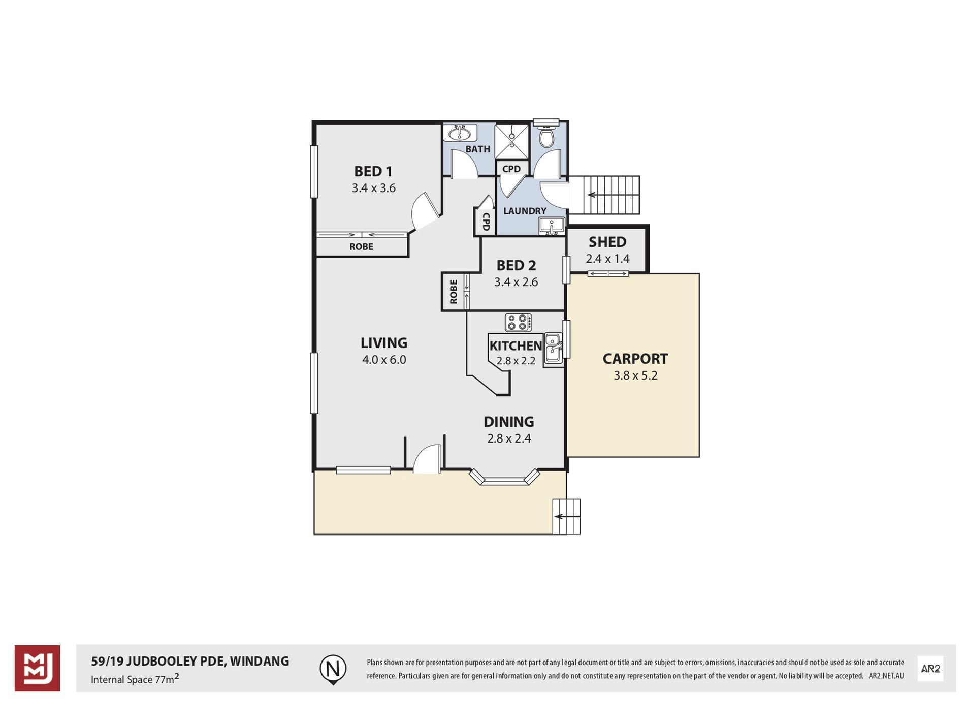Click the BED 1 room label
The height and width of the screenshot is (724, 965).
point(373,171)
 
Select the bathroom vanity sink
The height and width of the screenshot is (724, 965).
point(460,133)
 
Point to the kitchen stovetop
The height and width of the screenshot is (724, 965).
point(518,323)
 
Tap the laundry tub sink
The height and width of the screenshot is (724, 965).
point(551,226)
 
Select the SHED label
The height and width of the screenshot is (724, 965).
point(607,242)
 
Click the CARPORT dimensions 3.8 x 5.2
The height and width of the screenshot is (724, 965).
point(635,375)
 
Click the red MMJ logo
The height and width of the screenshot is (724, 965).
point(37,668)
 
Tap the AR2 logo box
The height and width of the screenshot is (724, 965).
point(930,669)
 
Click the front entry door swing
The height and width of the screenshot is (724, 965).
point(427,459)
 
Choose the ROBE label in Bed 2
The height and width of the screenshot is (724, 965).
point(454,292)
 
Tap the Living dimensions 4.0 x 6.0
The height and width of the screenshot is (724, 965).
point(384,360)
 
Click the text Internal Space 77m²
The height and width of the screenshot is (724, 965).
point(135,679)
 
